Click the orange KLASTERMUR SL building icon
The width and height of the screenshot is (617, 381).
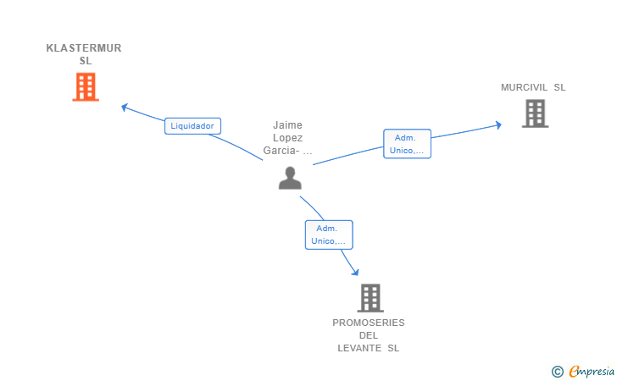(x=86, y=87)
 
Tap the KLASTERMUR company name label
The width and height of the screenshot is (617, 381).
(x=84, y=54)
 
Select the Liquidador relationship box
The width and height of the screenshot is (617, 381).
(x=193, y=126)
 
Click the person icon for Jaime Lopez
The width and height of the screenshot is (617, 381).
(x=290, y=178)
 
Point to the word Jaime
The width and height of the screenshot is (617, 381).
(x=287, y=125)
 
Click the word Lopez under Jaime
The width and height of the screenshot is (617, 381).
(x=287, y=138)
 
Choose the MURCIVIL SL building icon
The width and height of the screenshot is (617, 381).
(x=535, y=113)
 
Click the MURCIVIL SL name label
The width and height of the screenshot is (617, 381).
(x=533, y=87)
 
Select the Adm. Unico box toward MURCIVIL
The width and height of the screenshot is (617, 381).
(x=408, y=144)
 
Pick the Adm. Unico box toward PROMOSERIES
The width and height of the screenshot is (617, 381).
(x=329, y=235)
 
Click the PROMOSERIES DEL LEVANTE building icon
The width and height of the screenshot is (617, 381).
(x=370, y=298)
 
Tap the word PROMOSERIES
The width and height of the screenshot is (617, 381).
(x=369, y=323)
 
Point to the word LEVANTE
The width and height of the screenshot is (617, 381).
(x=359, y=348)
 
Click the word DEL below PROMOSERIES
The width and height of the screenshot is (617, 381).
(x=369, y=335)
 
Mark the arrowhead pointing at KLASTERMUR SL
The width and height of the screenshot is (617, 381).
(x=125, y=107)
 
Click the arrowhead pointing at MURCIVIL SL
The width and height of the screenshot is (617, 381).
(x=498, y=125)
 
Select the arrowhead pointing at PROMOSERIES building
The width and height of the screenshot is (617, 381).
(x=355, y=272)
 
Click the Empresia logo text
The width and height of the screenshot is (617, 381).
(x=592, y=371)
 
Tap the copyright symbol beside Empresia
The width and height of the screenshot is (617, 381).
(x=558, y=372)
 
